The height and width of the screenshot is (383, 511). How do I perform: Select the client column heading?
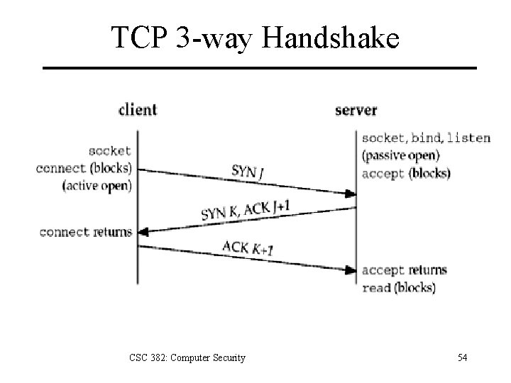point(138,110)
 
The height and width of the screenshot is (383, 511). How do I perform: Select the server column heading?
point(356,110)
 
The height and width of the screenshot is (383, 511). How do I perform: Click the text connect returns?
point(86,232)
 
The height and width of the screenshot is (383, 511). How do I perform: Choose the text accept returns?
point(405,270)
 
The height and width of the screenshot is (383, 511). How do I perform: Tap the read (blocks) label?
point(399,287)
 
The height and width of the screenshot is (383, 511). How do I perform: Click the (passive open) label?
point(400,155)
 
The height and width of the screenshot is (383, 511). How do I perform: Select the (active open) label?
point(98,186)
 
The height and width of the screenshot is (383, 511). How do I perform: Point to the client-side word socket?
point(110,151)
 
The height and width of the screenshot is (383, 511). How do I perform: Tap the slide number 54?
point(462,357)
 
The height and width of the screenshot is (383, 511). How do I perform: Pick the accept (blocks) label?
point(405,173)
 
